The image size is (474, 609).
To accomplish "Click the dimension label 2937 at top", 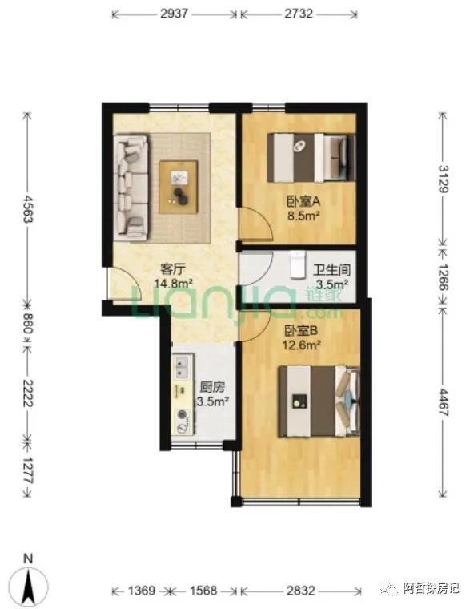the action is pyautogui.click(x=175, y=14).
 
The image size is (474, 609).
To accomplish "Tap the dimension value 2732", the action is pyautogui.click(x=299, y=14).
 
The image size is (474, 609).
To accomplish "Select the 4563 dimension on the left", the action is pyautogui.click(x=28, y=209).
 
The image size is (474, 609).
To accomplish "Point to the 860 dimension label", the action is pyautogui.click(x=26, y=323).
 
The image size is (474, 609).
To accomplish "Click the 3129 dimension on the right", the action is pyautogui.click(x=444, y=179).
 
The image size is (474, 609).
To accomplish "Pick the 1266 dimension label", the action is pyautogui.click(x=443, y=277).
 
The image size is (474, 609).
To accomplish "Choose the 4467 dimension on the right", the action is pyautogui.click(x=443, y=402).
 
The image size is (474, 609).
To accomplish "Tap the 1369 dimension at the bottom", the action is pyautogui.click(x=142, y=591).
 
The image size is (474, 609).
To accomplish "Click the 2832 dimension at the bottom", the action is pyautogui.click(x=301, y=591).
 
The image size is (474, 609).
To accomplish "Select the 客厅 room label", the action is pyautogui.click(x=173, y=268).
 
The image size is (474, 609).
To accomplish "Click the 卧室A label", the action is pyautogui.click(x=303, y=201).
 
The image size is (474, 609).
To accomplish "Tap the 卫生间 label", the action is pyautogui.click(x=332, y=270).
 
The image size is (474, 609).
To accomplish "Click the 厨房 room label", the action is pyautogui.click(x=212, y=387).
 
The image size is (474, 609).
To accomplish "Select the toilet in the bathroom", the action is pyautogui.click(x=298, y=265).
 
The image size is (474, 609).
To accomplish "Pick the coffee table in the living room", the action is pyautogui.click(x=179, y=187).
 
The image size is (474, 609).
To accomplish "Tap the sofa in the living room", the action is pyautogui.click(x=131, y=188).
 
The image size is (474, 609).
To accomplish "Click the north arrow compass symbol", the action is pyautogui.click(x=29, y=582).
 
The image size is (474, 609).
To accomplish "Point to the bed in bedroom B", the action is pyautogui.click(x=319, y=401).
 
